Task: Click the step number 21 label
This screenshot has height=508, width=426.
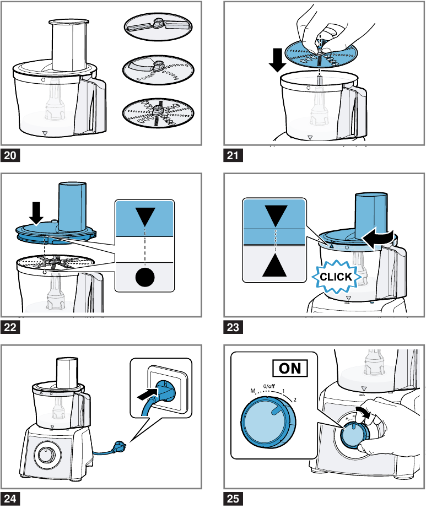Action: pyautogui.click(x=232, y=156)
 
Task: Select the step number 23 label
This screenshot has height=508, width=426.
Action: pyautogui.click(x=232, y=327)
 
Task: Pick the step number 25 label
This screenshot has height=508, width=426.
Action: pyautogui.click(x=232, y=499)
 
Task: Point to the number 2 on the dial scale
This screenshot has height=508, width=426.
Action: pyautogui.click(x=295, y=398)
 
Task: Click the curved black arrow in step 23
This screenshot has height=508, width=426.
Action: pyautogui.click(x=379, y=237)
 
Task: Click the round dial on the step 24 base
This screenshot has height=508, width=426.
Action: pyautogui.click(x=46, y=455)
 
